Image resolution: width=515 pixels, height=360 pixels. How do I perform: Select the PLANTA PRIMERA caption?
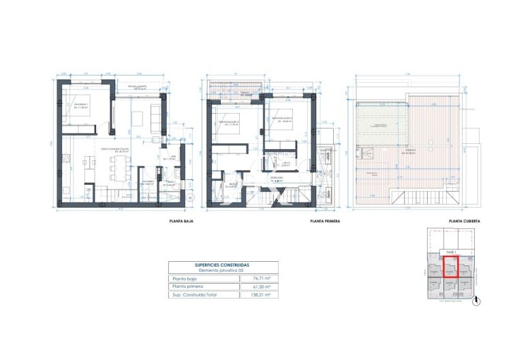(x=324, y=222)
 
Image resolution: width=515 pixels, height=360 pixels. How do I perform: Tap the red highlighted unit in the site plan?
(x=450, y=267)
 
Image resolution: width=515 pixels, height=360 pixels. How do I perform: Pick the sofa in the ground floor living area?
(x=155, y=119)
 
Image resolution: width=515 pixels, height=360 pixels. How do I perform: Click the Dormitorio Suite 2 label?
(x=227, y=123)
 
